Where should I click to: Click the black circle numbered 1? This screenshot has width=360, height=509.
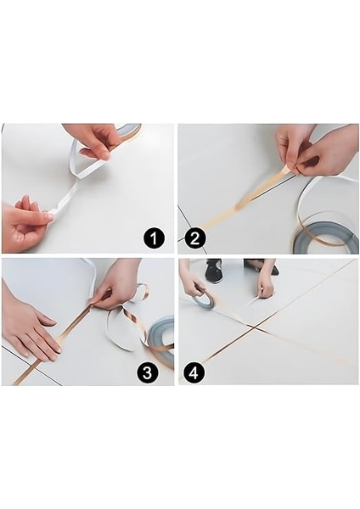[154, 238]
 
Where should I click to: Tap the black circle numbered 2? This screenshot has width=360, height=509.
[194, 238]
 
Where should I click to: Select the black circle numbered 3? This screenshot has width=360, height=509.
[147, 372]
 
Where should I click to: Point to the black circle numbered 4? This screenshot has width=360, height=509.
[194, 372]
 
